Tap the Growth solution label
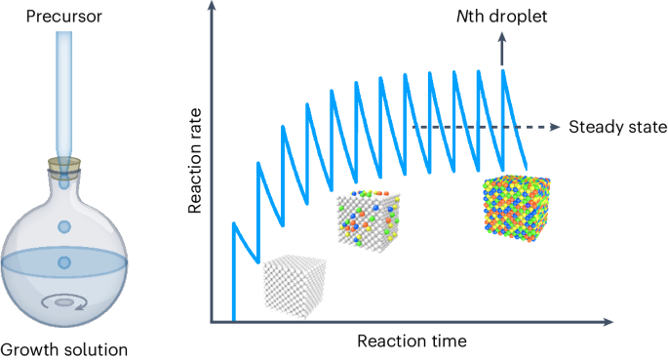(65, 348)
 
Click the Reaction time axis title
(412, 340)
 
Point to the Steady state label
(617, 127)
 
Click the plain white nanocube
(296, 283)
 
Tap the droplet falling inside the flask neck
(64, 227)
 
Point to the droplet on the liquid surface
(64, 261)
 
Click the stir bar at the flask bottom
(64, 302)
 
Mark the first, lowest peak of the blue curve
(234, 223)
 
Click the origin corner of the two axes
(212, 321)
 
